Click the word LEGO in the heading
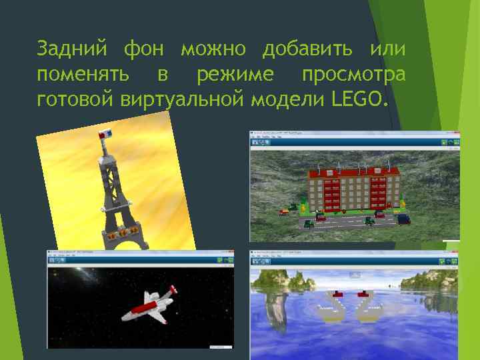(357, 100)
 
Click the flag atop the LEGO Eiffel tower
(106, 135)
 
